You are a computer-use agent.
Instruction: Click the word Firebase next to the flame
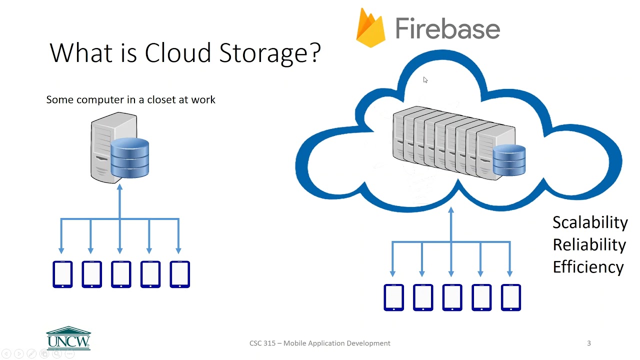pos(447,28)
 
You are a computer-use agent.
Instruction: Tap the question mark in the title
pos(315,52)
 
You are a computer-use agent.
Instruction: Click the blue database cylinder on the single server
pos(129,158)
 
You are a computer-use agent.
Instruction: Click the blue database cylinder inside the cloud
pos(509,160)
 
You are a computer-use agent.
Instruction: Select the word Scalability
pos(590,222)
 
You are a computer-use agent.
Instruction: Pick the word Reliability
pos(589,244)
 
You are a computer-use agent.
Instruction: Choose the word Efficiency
pos(588,266)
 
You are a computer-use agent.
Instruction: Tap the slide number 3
pos(588,343)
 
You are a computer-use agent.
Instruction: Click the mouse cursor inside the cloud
pos(425,80)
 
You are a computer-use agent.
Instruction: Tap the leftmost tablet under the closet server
pos(62,274)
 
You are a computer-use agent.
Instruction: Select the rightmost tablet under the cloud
pos(511,297)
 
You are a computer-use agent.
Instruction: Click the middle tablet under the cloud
pos(452,297)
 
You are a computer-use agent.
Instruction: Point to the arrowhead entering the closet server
pos(119,187)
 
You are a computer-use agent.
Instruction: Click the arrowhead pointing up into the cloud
pos(451,210)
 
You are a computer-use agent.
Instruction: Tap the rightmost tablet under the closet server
pos(180,274)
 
